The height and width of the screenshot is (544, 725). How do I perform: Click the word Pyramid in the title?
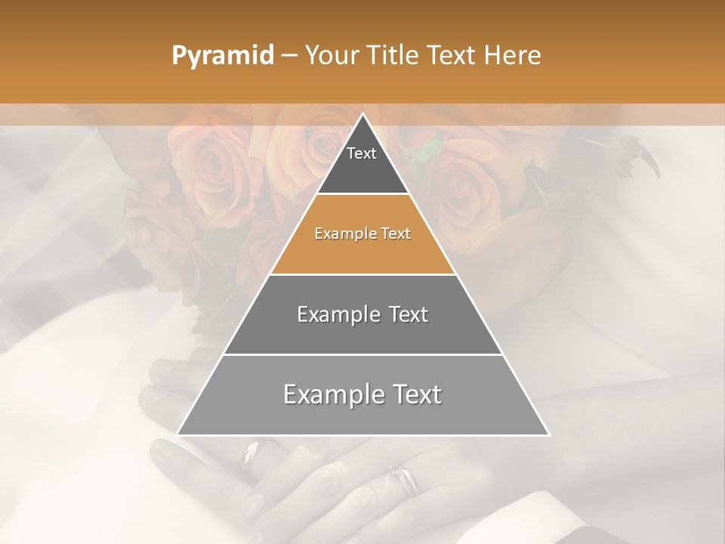pyautogui.click(x=223, y=56)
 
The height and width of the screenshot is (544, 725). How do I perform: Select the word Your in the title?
pyautogui.click(x=331, y=56)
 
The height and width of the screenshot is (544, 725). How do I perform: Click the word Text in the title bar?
pyautogui.click(x=452, y=56)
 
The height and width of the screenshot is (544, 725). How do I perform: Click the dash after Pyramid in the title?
pyautogui.click(x=289, y=56)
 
